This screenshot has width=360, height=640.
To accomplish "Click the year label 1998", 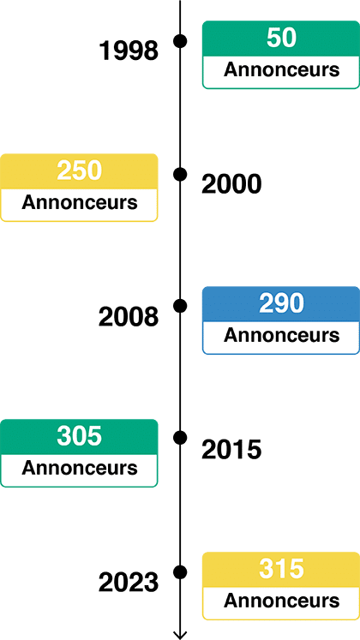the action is [x=129, y=51].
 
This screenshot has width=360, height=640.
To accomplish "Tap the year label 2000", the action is [x=231, y=184].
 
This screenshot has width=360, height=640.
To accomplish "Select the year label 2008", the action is [x=129, y=317].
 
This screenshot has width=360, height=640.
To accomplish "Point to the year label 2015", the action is [x=231, y=450].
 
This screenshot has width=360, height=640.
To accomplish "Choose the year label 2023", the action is [x=129, y=583].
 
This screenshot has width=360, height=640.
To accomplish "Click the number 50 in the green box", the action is [x=281, y=38].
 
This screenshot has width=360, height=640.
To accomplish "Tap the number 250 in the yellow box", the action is [x=79, y=170].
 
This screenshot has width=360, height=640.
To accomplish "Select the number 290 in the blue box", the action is [x=281, y=303].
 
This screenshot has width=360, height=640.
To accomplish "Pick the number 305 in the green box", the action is [x=79, y=436].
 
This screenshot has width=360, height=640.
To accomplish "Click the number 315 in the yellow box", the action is [x=281, y=569].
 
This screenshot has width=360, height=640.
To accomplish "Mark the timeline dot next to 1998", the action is [x=180, y=41].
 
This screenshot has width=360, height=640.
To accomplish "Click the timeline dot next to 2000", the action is [x=180, y=174].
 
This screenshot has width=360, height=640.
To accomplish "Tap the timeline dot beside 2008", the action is [x=180, y=306].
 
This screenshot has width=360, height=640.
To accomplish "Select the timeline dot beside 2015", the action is [x=180, y=438].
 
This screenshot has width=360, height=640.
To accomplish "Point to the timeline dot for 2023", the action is [x=180, y=571].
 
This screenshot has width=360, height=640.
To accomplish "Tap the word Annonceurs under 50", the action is [x=281, y=69].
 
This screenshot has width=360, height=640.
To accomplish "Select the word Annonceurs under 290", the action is [x=281, y=335].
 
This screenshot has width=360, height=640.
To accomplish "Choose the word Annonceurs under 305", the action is [x=79, y=468].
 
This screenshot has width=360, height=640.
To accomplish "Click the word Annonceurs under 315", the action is [x=281, y=601].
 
